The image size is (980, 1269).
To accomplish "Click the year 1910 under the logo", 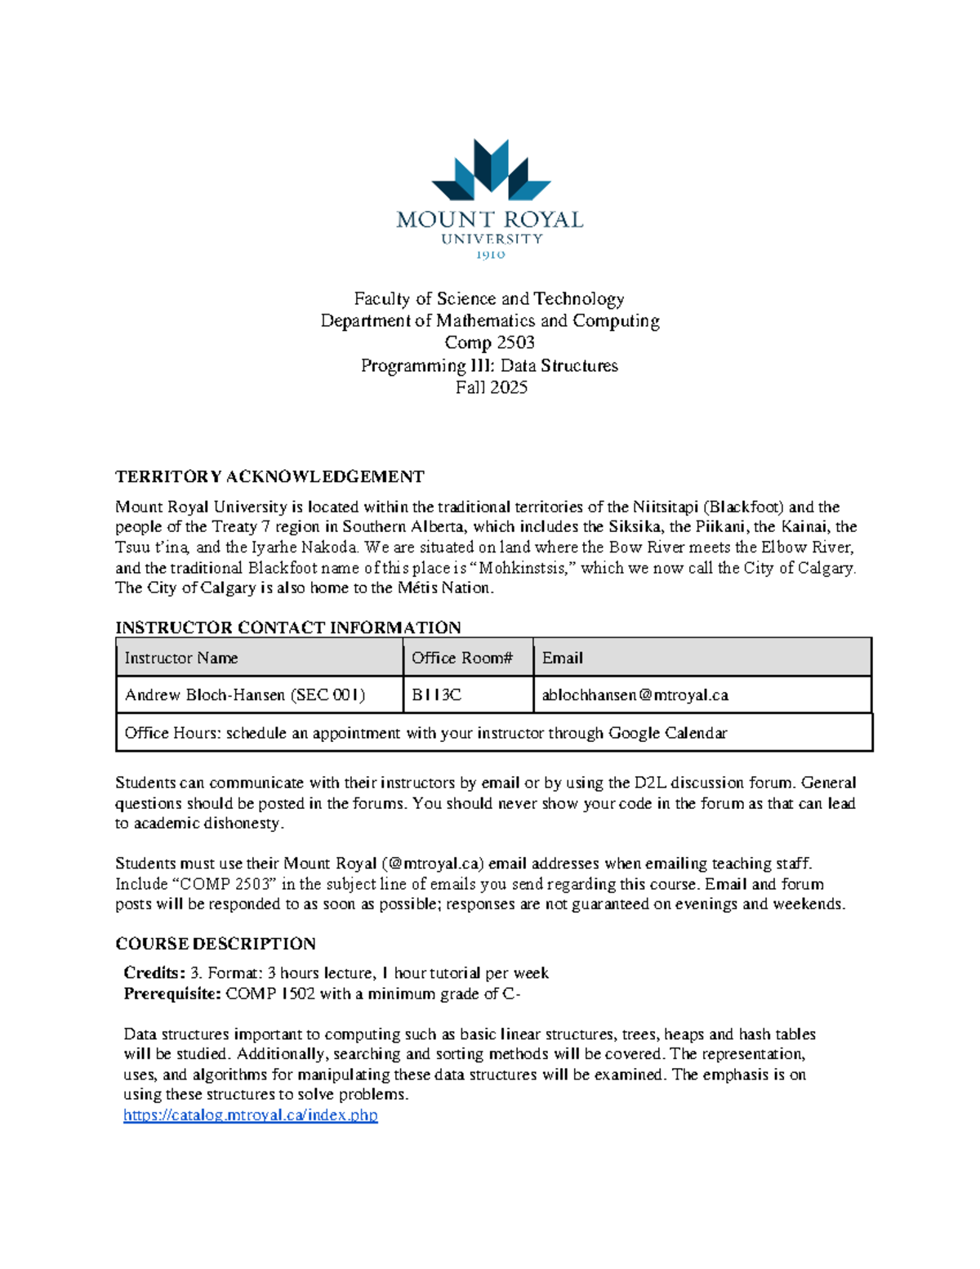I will point(490,255).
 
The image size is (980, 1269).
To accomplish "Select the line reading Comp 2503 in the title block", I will point(489,343).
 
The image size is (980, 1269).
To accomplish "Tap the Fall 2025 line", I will point(491,387).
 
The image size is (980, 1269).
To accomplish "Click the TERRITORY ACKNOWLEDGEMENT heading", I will point(269,476).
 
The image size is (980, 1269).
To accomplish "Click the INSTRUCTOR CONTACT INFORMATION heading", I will point(287,628).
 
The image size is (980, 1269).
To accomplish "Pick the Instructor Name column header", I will point(181,658).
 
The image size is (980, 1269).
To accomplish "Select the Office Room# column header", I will point(462,658).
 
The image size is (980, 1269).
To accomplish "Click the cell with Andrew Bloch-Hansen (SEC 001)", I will point(245,695).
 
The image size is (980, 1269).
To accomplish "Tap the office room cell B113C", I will point(436,695).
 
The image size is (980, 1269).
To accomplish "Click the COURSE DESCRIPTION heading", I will point(216,944).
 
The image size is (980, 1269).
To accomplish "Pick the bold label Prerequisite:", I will point(172,994).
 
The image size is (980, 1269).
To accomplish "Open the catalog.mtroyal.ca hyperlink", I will point(250,1115).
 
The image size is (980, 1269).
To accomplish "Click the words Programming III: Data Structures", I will point(489,365).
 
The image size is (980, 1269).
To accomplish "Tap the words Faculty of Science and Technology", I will point(489,298).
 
